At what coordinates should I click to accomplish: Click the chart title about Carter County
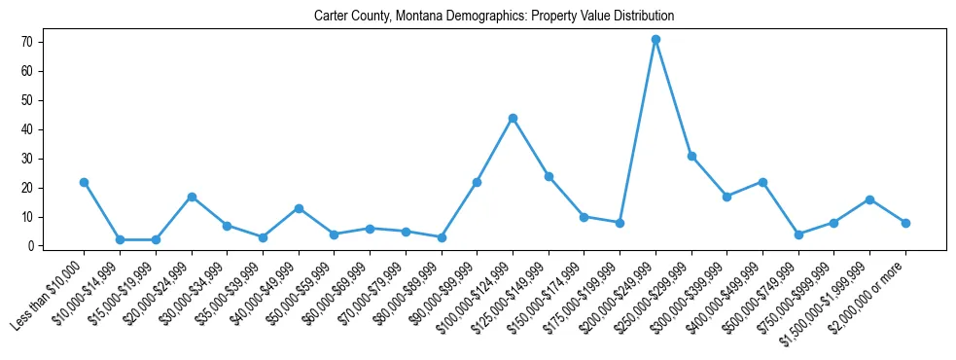click(x=494, y=17)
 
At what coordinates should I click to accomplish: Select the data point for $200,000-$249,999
click(x=655, y=39)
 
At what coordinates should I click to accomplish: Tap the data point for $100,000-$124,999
click(x=513, y=118)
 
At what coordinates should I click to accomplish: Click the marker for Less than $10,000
click(x=84, y=182)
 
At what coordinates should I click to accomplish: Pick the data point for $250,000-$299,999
click(x=691, y=156)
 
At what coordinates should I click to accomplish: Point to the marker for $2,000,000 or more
click(x=905, y=223)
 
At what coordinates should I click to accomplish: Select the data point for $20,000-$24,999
click(x=192, y=197)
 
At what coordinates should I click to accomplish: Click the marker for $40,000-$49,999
click(x=299, y=208)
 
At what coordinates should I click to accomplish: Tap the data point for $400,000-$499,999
click(x=762, y=182)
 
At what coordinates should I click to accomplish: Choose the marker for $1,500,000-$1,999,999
click(x=869, y=199)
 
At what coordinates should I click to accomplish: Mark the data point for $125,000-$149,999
click(x=549, y=176)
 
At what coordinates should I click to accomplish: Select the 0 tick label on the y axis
click(x=34, y=246)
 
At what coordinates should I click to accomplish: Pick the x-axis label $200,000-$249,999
click(x=619, y=296)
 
